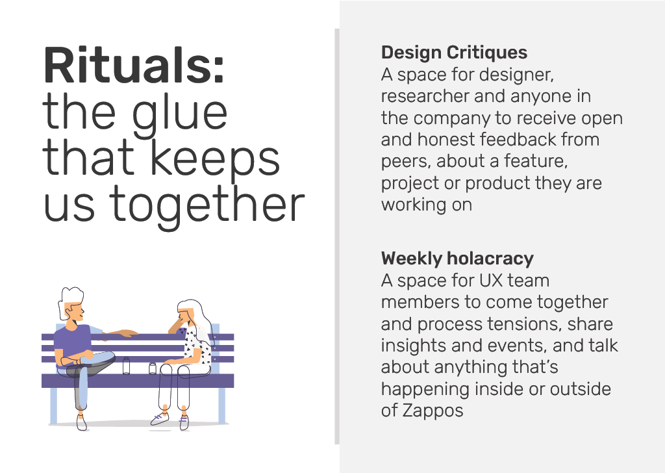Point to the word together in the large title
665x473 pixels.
coord(207,207)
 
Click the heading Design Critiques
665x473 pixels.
coord(454,53)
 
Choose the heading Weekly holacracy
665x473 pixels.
coord(457,259)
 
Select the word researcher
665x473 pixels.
coord(425,97)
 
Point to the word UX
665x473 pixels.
coord(491,281)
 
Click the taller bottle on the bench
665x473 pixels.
coord(127,366)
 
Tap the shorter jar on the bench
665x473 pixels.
coord(153,368)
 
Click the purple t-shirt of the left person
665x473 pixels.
coord(74,344)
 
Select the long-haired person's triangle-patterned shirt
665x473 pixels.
coord(197,346)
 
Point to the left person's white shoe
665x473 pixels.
coord(81,422)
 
